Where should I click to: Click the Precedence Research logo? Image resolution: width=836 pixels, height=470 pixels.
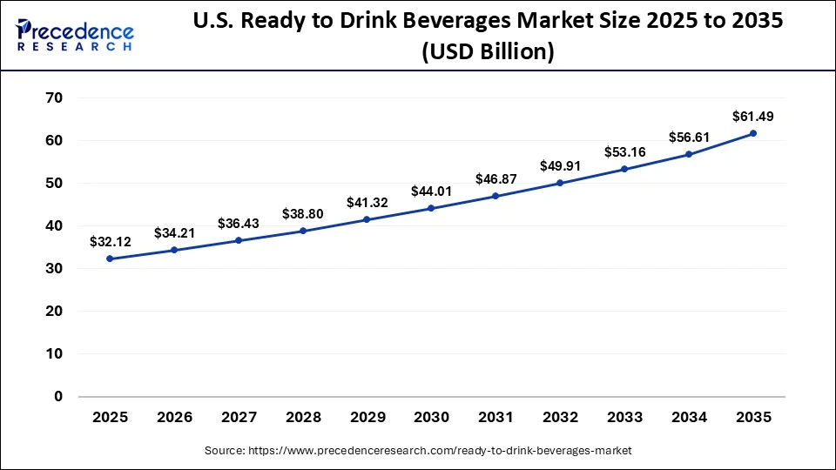pyautogui.click(x=75, y=35)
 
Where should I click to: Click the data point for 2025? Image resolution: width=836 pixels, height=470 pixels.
pyautogui.click(x=110, y=258)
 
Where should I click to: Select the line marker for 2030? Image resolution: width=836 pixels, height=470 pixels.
pyautogui.click(x=431, y=208)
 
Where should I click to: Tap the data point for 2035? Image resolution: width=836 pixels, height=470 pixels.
pyautogui.click(x=753, y=133)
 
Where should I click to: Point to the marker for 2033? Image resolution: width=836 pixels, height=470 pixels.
pyautogui.click(x=624, y=169)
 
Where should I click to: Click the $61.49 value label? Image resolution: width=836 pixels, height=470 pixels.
pyautogui.click(x=753, y=116)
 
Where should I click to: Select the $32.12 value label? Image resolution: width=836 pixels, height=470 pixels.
pyautogui.click(x=110, y=241)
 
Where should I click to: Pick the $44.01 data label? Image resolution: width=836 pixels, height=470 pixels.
pyautogui.click(x=431, y=191)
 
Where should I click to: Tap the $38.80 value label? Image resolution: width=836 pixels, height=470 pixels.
pyautogui.click(x=302, y=213)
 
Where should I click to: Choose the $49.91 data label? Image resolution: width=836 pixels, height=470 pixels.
pyautogui.click(x=560, y=165)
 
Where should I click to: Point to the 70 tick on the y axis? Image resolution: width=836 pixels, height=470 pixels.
pyautogui.click(x=54, y=97)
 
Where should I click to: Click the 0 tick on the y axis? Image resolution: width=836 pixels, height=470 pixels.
pyautogui.click(x=58, y=396)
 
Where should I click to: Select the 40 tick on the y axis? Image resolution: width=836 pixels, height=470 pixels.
pyautogui.click(x=54, y=225)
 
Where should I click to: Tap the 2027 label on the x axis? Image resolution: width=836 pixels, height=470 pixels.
pyautogui.click(x=239, y=418)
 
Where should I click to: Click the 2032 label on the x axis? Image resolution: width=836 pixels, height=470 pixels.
pyautogui.click(x=560, y=418)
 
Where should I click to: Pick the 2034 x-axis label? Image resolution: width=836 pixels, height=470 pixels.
pyautogui.click(x=689, y=418)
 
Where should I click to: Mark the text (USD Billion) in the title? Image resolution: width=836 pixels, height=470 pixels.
pyautogui.click(x=488, y=52)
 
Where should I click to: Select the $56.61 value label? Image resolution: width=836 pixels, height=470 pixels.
pyautogui.click(x=689, y=137)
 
